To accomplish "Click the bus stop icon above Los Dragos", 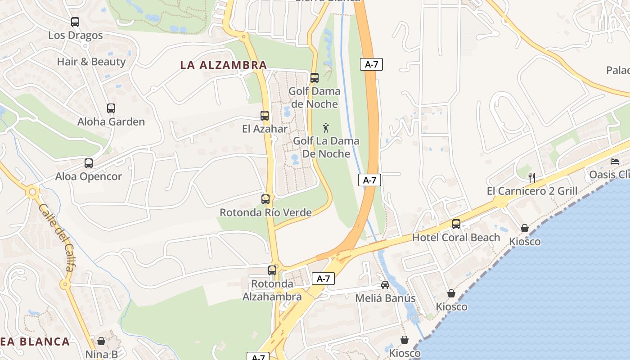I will pos(75,22).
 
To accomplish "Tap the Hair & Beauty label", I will pos(91,62).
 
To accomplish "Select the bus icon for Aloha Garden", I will pos(111,108).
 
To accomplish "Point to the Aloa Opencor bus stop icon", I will pos(89,163).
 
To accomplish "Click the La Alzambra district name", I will pos(224,65).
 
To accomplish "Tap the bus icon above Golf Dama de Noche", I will pos(315,77).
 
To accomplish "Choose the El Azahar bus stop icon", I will pos(265,116).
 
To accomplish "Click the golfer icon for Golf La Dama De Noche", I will pos(326,128).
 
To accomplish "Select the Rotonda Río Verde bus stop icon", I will pos(265,199).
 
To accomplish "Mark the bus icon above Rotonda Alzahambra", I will pos(272,270).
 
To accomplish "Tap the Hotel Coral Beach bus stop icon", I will pos(456,224).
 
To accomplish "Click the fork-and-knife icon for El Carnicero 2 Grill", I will pos(532,177).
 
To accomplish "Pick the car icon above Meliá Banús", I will pos(385,284).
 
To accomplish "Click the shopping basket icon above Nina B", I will pos(101,341).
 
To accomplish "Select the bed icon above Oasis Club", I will pos(615,161).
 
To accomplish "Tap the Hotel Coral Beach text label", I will pos(456,237).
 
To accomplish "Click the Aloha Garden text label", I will pos(111,121).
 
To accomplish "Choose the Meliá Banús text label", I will pos(385,298).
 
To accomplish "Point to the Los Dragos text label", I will pos(75,35).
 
